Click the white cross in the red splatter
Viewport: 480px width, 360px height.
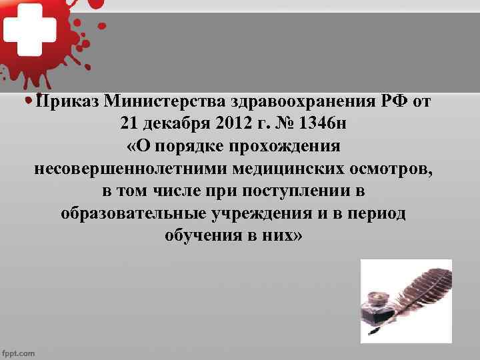[28, 29]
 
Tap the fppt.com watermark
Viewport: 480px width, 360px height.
[19, 353]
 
